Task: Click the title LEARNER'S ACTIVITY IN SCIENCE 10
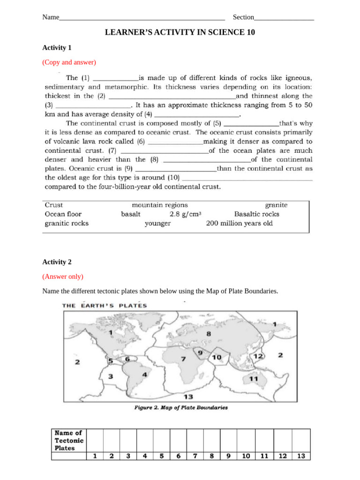180,32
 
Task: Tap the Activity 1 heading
57,47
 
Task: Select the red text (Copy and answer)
69,62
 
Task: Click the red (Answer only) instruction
63,277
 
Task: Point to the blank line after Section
284,18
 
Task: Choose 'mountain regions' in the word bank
160,205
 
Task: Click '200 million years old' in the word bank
239,224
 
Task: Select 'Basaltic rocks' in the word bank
257,214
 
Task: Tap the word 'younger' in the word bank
157,224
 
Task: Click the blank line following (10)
247,178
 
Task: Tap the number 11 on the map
255,378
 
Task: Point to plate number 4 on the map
145,375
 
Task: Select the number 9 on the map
200,352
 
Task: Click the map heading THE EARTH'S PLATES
105,306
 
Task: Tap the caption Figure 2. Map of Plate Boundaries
181,408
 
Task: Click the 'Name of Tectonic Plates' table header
69,440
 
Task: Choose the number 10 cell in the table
245,455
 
